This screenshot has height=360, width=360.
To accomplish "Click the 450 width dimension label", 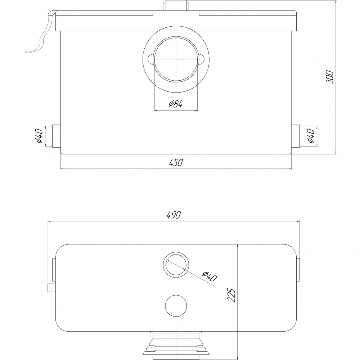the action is (176, 162).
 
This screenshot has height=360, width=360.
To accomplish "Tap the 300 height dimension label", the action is (330, 77).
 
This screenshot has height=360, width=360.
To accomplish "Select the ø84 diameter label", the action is (176, 104).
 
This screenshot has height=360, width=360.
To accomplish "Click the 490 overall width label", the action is (174, 215).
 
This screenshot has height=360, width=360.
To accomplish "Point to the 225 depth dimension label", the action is (231, 295).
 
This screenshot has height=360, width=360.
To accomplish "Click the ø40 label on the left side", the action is (40, 136).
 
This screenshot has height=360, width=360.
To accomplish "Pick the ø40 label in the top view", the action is (210, 276).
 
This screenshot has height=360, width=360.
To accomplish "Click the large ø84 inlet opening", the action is (176, 59).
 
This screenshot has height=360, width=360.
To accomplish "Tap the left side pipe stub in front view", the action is (57, 136).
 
